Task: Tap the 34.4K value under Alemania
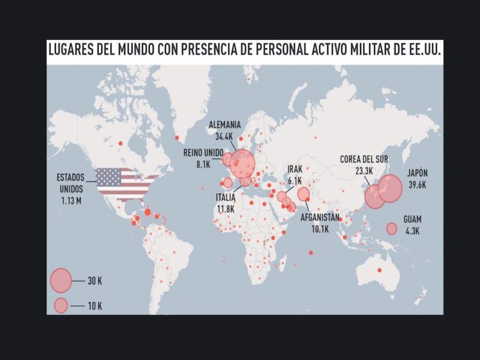(x=224, y=136)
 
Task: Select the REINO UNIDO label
(x=204, y=152)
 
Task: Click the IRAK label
(x=295, y=169)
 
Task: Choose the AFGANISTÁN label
(x=320, y=218)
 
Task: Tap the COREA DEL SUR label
(x=365, y=159)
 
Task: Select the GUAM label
(x=412, y=219)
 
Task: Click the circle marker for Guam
(x=392, y=229)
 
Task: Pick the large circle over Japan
(x=390, y=188)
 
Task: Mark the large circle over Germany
(x=242, y=163)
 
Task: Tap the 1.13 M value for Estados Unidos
(x=71, y=200)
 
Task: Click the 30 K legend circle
(x=61, y=281)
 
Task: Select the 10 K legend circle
(x=61, y=306)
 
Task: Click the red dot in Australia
(x=379, y=270)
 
